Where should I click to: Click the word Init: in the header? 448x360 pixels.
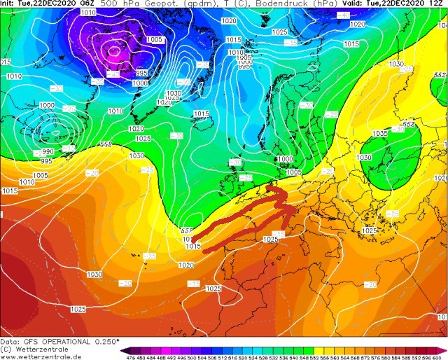pyautogui.click(x=7, y=4)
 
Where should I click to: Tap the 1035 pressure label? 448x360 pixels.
pyautogui.click(x=380, y=134)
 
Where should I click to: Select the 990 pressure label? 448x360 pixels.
pyautogui.click(x=48, y=151)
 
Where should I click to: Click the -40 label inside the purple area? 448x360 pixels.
pyautogui.click(x=112, y=73)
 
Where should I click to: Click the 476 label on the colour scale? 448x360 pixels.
pyautogui.click(x=126, y=356)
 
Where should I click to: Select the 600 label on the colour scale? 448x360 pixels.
pyautogui.click(x=441, y=356)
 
